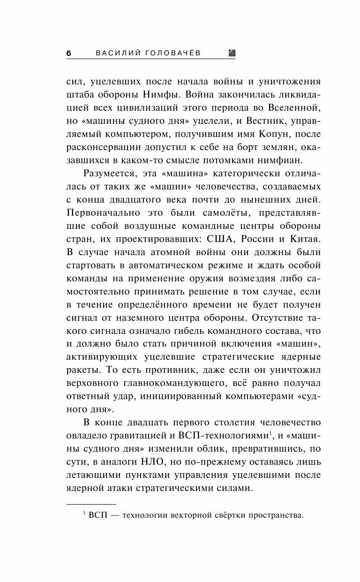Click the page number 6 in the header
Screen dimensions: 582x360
[68, 53]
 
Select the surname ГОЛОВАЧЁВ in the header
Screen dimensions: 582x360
[174, 53]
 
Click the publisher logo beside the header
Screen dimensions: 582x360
[231, 53]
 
